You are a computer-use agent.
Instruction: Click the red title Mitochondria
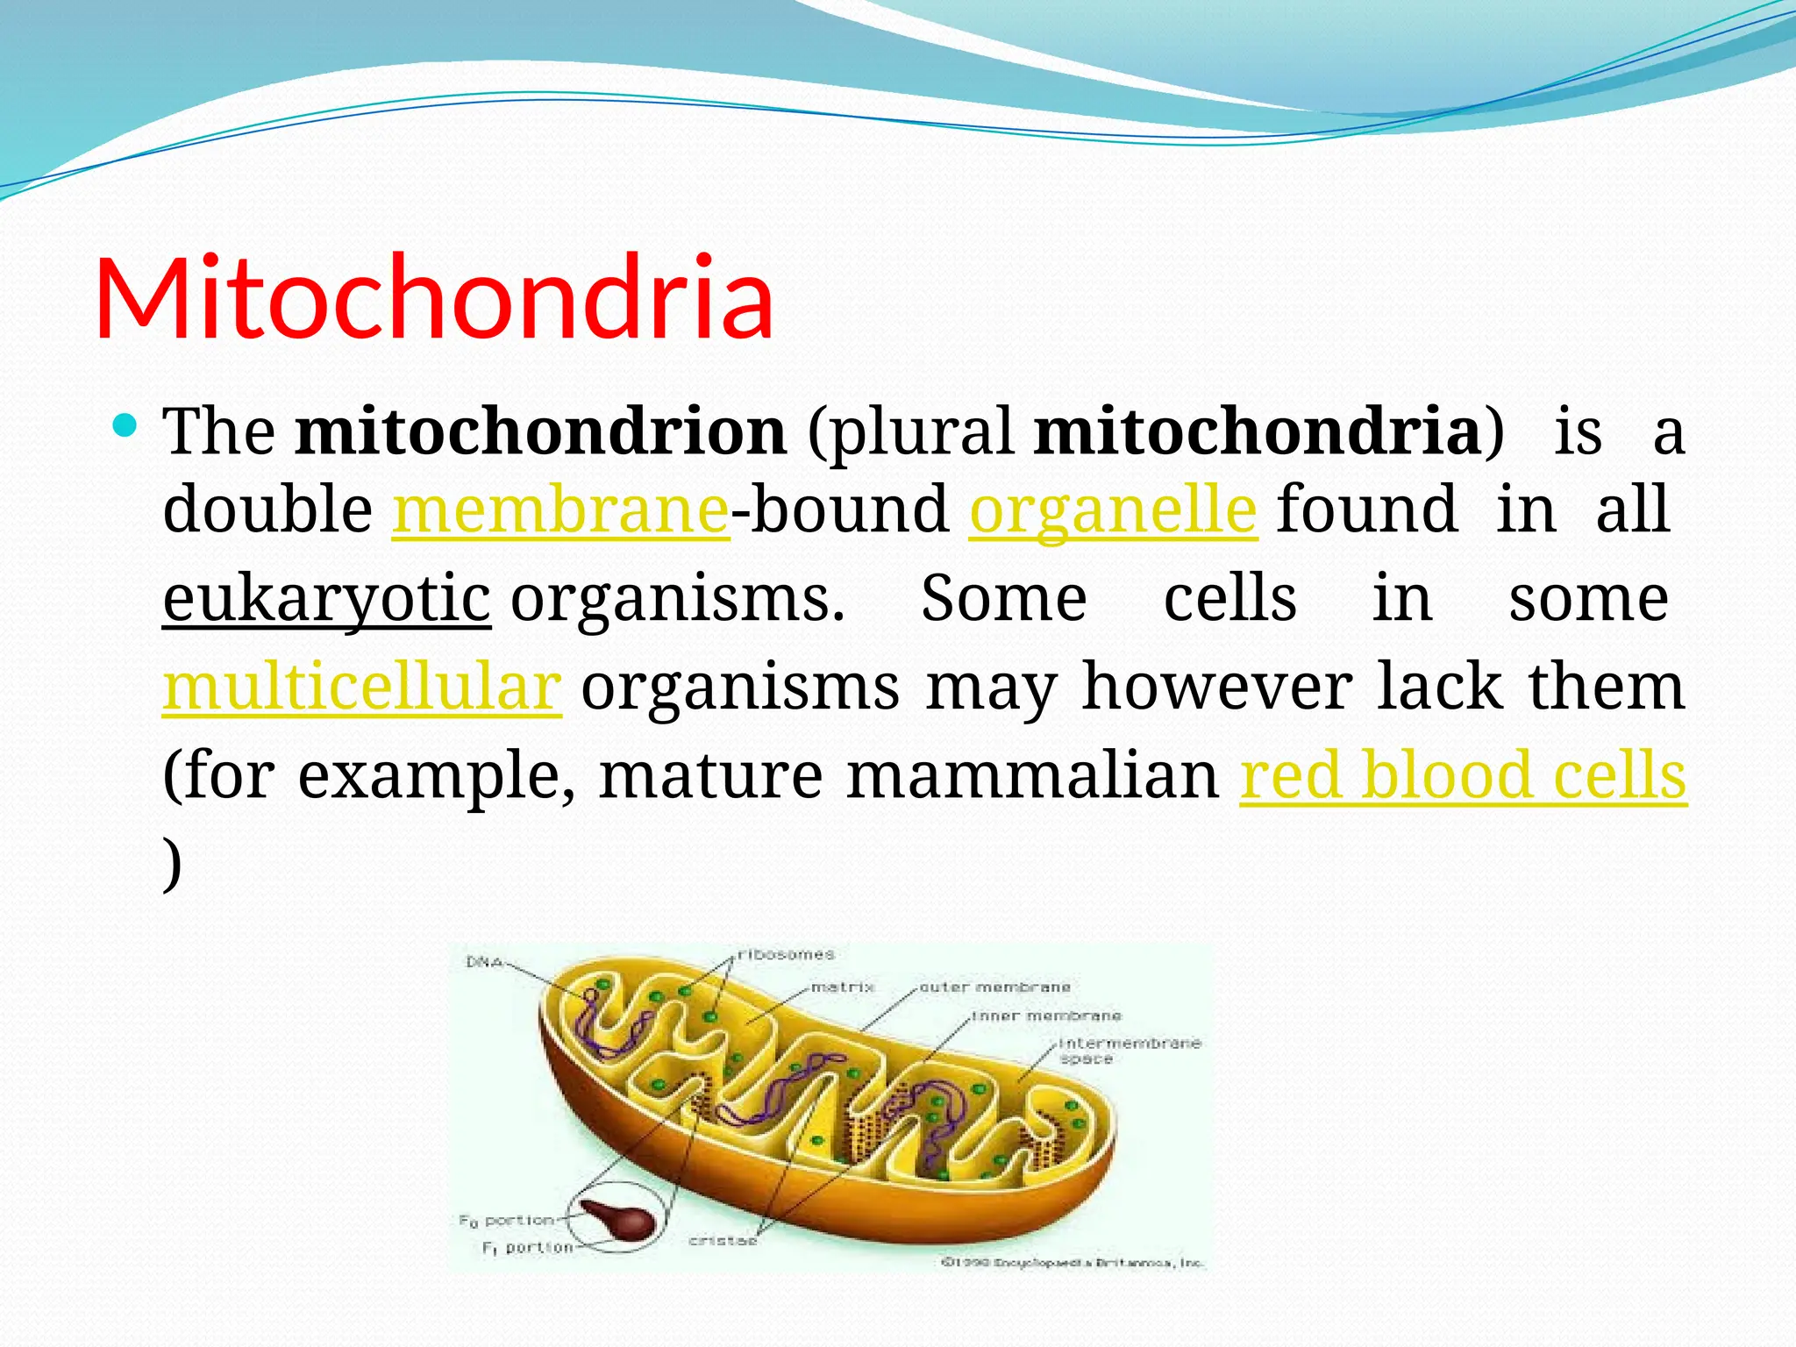(434, 298)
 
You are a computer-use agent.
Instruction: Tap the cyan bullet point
(126, 427)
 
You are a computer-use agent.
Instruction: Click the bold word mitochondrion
(540, 431)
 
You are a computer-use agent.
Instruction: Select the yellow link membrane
(560, 510)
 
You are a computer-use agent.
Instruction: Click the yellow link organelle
(1113, 510)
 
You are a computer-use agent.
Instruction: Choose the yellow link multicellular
(361, 688)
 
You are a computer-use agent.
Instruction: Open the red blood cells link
(1463, 776)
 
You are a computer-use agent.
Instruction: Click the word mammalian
(1032, 776)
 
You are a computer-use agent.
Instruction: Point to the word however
(1217, 688)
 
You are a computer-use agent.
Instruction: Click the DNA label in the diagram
(484, 962)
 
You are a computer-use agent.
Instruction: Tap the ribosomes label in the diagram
(786, 954)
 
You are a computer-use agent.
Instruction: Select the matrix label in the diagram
(842, 987)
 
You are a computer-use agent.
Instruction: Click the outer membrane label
(994, 987)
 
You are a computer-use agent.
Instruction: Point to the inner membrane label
(1046, 1016)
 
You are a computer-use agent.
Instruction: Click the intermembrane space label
(1128, 1051)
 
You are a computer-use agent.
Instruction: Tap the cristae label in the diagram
(723, 1240)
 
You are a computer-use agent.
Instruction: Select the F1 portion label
(528, 1247)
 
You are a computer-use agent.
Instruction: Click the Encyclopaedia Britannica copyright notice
(1073, 1263)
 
